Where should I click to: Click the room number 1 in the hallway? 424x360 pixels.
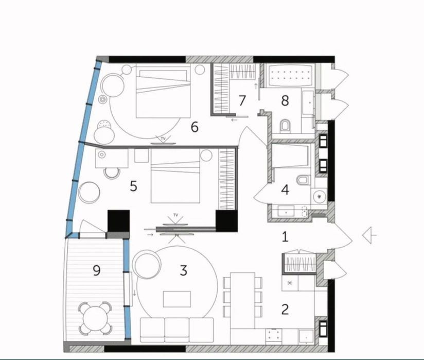click(x=285, y=237)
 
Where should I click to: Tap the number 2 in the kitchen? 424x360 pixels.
click(x=285, y=310)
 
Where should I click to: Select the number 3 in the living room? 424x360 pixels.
click(x=184, y=270)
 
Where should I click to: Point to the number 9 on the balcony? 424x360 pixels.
click(x=97, y=270)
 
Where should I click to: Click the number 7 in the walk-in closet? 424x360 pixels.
click(x=242, y=100)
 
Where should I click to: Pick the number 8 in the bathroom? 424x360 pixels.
click(x=285, y=100)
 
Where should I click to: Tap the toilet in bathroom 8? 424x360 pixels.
click(x=285, y=126)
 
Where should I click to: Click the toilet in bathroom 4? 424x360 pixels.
click(x=303, y=180)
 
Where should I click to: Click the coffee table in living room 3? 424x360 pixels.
click(x=177, y=299)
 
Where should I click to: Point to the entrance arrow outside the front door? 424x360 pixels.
click(x=369, y=235)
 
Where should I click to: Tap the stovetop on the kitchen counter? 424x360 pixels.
click(x=274, y=336)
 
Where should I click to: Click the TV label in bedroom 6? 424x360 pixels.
click(x=163, y=139)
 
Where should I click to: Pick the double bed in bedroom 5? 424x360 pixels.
click(x=175, y=176)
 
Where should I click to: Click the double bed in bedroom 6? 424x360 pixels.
click(x=163, y=91)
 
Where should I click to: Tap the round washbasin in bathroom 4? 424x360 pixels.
click(x=320, y=196)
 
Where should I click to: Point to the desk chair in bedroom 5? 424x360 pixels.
click(x=112, y=173)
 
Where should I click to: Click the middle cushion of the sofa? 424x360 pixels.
click(x=177, y=330)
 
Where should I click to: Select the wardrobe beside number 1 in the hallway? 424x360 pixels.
click(x=299, y=263)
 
